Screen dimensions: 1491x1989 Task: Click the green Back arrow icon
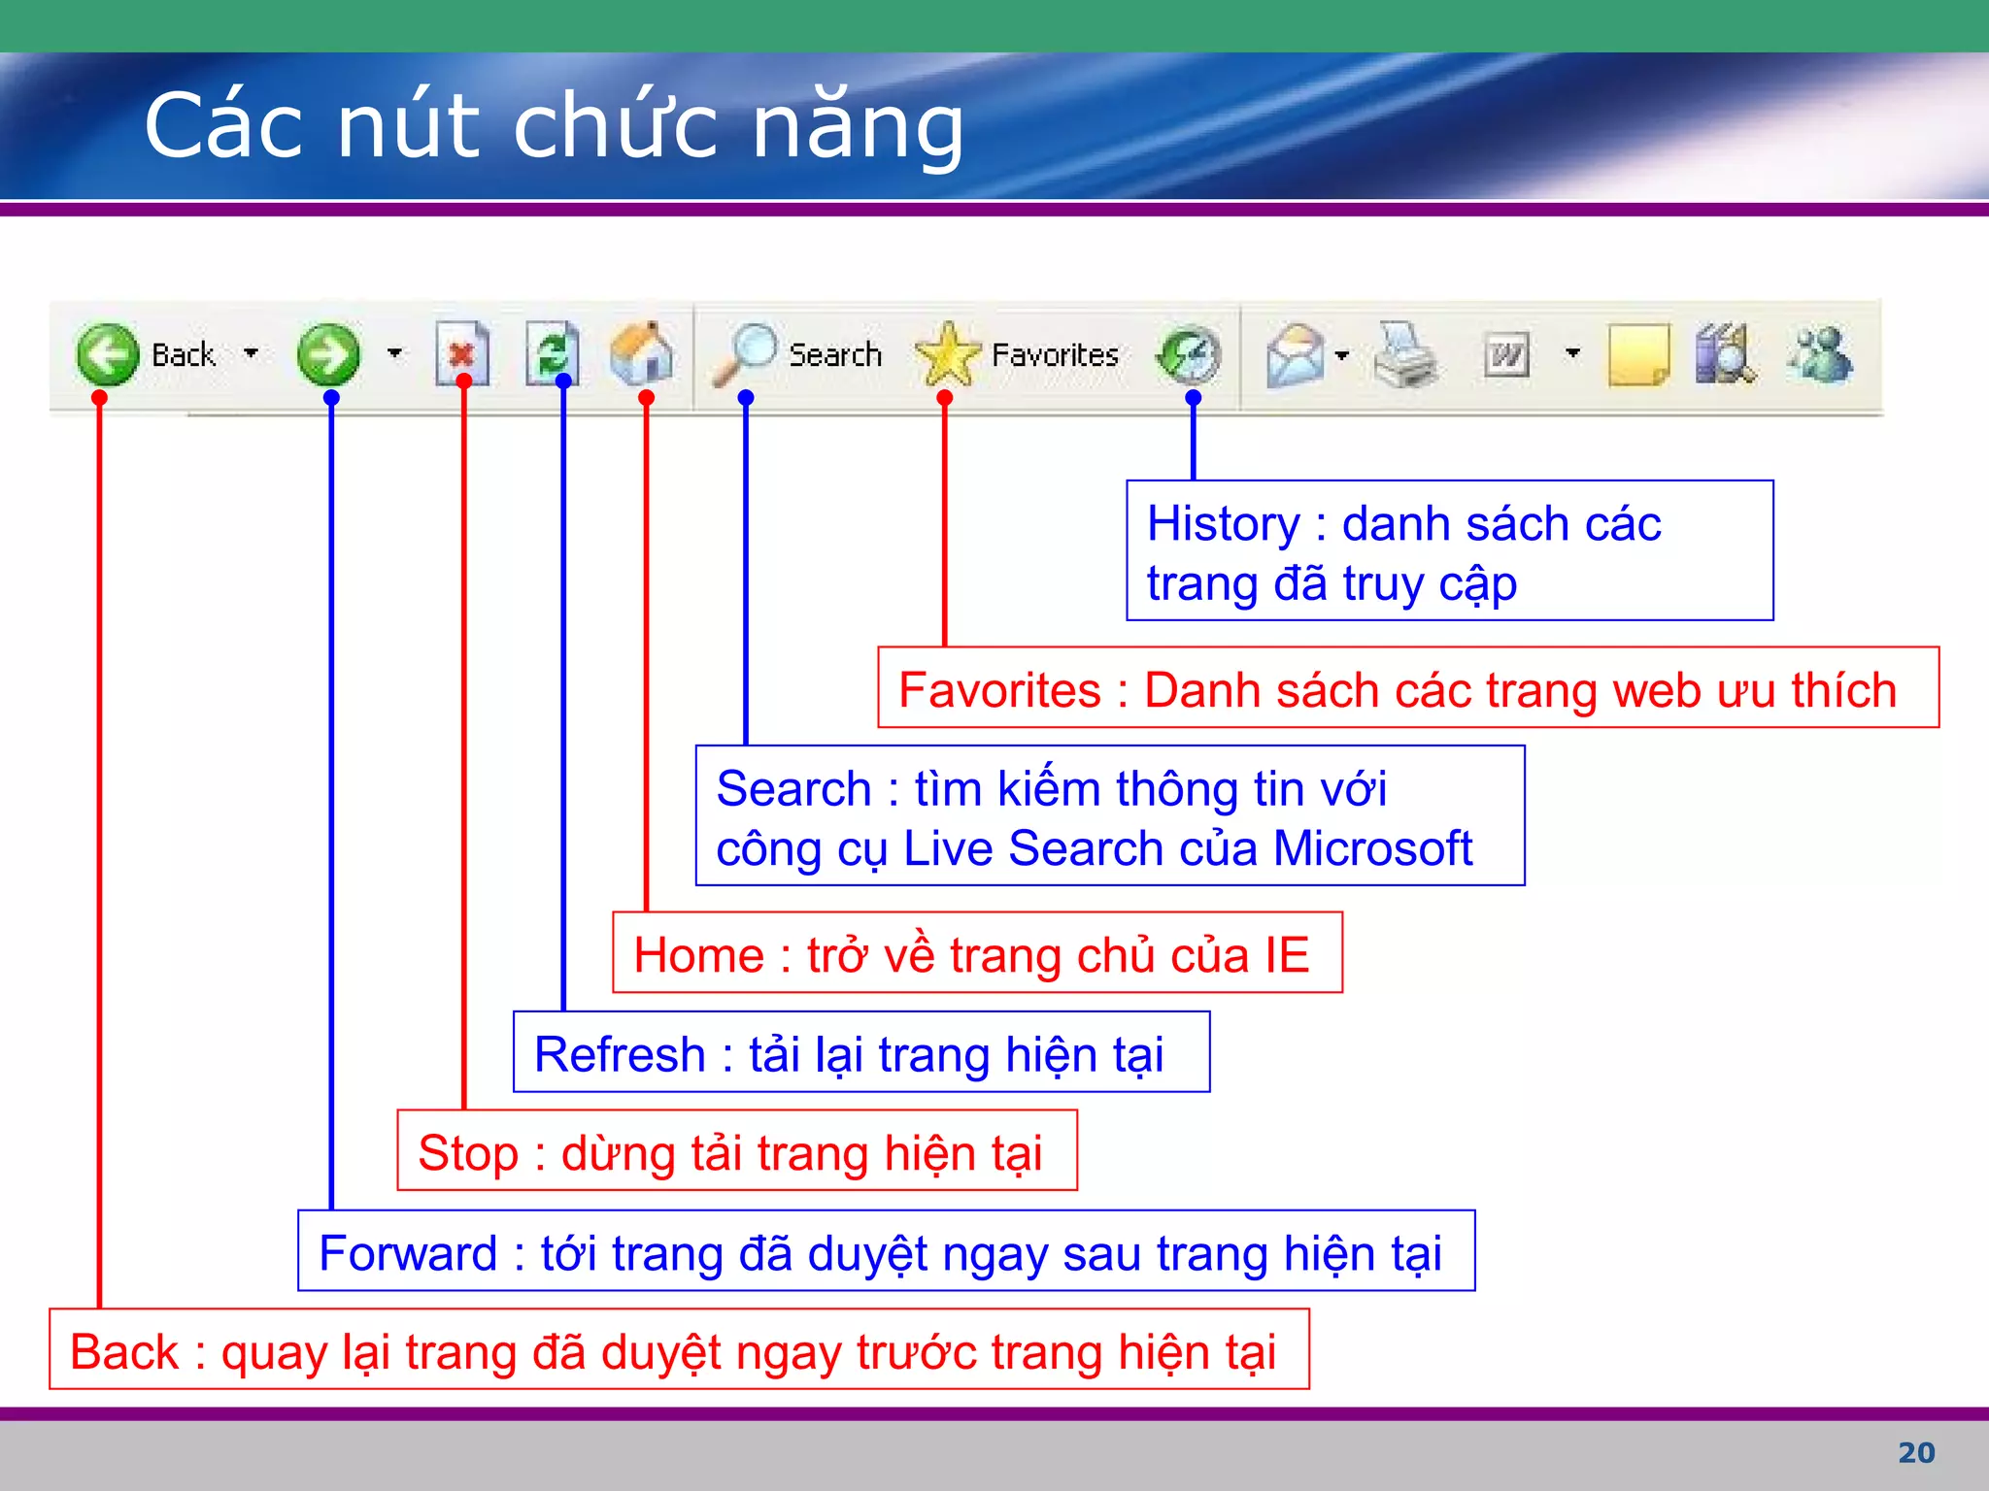point(107,354)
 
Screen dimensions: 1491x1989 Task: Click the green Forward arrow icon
point(328,354)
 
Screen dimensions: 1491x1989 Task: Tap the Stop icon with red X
point(461,353)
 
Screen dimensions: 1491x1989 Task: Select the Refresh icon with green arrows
point(553,353)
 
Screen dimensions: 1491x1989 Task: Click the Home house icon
point(642,353)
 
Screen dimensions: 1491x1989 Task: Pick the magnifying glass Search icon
point(745,353)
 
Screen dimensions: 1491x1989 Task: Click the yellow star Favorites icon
point(948,354)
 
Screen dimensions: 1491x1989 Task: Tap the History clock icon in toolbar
point(1190,355)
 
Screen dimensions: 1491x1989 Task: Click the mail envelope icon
point(1296,355)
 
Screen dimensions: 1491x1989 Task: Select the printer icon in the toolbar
point(1404,355)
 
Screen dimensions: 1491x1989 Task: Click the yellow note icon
point(1637,355)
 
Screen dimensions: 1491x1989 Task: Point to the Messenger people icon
point(1820,355)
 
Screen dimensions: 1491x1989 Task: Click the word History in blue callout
point(1223,524)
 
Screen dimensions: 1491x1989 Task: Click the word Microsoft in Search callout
point(1372,848)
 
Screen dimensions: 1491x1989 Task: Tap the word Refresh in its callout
point(620,1054)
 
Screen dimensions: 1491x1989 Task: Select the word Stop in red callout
point(467,1153)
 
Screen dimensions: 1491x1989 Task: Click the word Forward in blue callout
point(408,1253)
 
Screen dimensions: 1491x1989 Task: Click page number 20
point(1916,1452)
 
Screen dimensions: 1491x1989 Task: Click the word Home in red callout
point(698,955)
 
